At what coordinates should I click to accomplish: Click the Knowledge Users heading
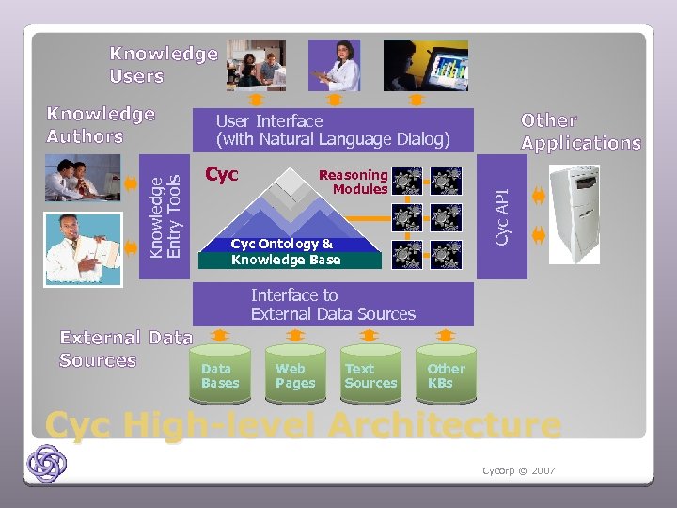(163, 65)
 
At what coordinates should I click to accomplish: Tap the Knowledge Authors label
(101, 125)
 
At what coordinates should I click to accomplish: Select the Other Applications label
(581, 132)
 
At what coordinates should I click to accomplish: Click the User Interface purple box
(333, 130)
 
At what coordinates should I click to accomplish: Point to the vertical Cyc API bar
(502, 216)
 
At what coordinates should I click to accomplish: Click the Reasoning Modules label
(354, 182)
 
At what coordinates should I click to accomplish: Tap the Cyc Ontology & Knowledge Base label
(285, 252)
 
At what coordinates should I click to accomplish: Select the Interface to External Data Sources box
(333, 305)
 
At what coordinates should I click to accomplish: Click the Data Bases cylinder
(220, 374)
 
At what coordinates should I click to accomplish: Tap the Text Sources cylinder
(370, 374)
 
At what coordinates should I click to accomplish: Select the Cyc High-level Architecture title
(303, 425)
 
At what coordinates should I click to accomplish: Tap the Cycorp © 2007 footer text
(518, 469)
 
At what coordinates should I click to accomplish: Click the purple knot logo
(46, 464)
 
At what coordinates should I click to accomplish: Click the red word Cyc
(222, 174)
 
